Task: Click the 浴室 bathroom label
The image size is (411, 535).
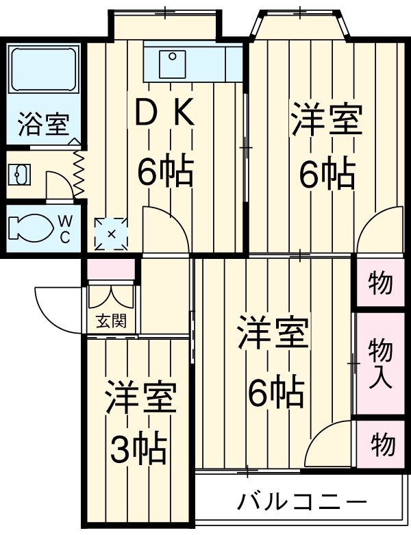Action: (x=42, y=125)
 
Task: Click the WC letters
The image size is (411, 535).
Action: (x=64, y=228)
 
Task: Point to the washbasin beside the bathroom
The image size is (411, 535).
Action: (x=18, y=174)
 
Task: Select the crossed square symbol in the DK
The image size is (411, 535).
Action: (x=112, y=234)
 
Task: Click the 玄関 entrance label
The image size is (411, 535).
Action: (x=110, y=321)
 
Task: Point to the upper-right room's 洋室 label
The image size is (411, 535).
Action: (x=326, y=119)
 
